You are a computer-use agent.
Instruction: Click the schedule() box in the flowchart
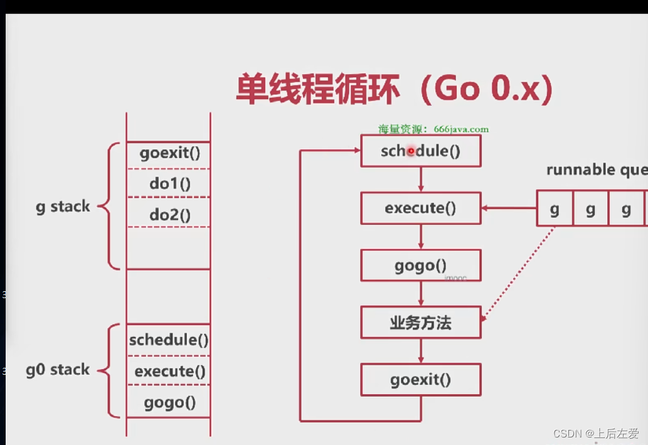(x=421, y=151)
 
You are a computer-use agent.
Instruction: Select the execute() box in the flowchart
(x=421, y=208)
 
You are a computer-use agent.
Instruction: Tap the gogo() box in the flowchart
(x=421, y=265)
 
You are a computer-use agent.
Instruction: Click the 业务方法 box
(x=421, y=323)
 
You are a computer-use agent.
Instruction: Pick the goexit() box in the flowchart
(x=421, y=380)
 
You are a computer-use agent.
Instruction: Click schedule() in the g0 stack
(x=168, y=340)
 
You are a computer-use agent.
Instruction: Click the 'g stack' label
(x=63, y=206)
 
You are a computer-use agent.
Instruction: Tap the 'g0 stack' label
(x=58, y=370)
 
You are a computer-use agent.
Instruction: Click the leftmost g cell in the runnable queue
(x=555, y=208)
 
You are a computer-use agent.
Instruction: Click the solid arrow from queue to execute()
(x=508, y=208)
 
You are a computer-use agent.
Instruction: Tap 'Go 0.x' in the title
(x=486, y=90)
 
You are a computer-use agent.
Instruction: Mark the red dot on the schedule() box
(x=412, y=151)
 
